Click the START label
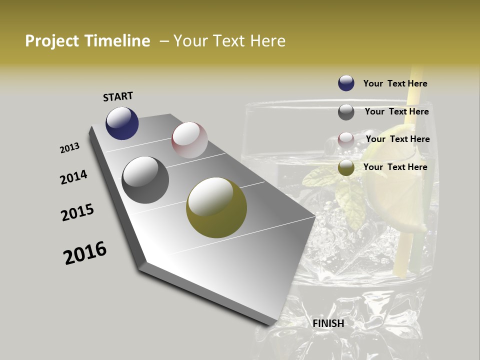118,96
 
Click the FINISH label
328,323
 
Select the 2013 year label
70,148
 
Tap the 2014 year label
74,177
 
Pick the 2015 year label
77,212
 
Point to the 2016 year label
85,253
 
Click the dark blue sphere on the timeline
122,123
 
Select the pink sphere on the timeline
189,139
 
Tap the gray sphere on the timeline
145,180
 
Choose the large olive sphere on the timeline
216,207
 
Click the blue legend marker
346,83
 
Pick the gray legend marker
346,112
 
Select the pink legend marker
346,140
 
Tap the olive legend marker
346,168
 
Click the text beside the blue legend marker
395,84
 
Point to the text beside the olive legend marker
395,167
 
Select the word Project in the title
52,41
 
